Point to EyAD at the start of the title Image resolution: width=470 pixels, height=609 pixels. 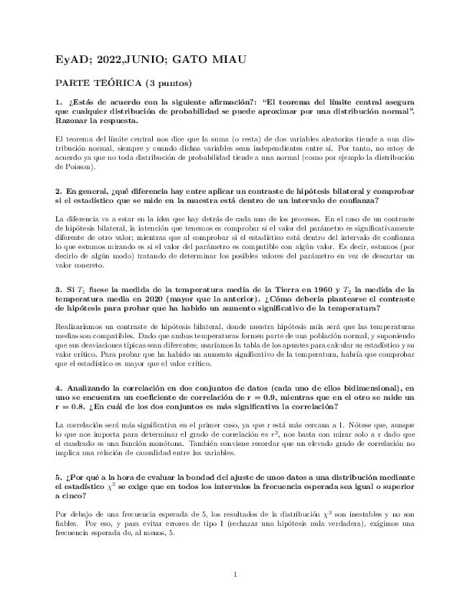coord(70,60)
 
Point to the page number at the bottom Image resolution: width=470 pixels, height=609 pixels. coord(235,574)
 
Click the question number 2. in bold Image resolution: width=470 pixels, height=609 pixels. coord(59,191)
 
